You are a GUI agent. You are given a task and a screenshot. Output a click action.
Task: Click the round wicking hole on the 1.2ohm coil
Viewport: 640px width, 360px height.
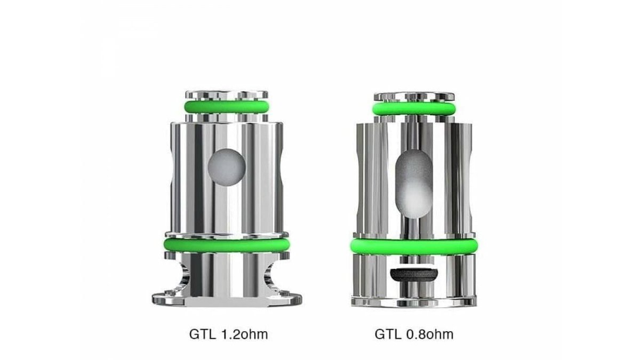tap(227, 167)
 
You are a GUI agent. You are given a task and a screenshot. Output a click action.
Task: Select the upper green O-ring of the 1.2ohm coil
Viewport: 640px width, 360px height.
tap(227, 107)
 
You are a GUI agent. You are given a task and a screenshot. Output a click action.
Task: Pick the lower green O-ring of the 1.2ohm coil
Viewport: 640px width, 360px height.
tap(227, 245)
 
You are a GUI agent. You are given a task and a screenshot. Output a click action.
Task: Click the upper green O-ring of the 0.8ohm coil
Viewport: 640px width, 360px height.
tap(414, 109)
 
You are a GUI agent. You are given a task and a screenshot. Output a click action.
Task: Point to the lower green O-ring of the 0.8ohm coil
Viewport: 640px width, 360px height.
tap(414, 247)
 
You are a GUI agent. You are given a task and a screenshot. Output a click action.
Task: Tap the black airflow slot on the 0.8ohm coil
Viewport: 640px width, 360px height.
tap(414, 275)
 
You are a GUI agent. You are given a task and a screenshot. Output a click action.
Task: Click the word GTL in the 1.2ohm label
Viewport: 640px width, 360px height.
tap(202, 334)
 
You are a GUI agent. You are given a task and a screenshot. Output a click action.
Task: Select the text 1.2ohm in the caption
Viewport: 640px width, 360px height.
tap(245, 334)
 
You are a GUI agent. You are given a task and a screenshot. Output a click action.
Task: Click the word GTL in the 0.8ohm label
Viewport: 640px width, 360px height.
tap(388, 334)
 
